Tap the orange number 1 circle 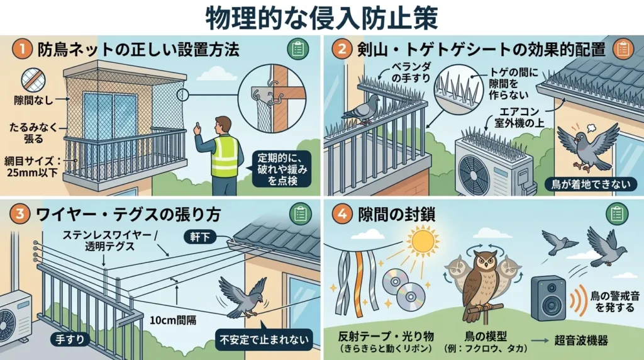(x=21, y=50)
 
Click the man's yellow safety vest (x=225, y=156)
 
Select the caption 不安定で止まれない (x=263, y=340)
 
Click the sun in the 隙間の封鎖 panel (x=423, y=241)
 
